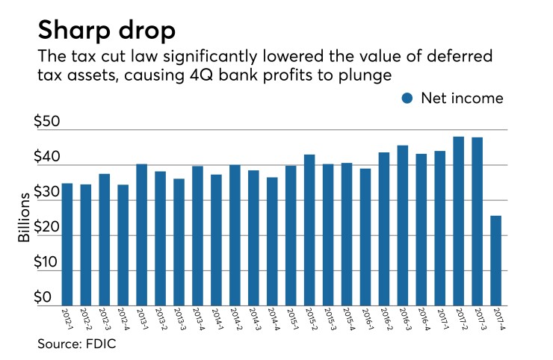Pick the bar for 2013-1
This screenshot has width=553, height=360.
[141, 235]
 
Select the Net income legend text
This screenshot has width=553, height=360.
[461, 99]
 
